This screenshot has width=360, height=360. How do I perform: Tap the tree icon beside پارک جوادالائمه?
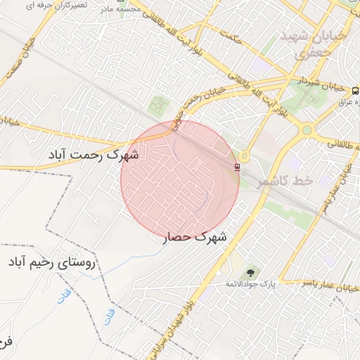[x=250, y=272]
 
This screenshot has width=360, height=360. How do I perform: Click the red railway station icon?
[x=237, y=167]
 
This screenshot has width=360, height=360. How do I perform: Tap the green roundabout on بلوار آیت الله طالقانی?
[x=307, y=129]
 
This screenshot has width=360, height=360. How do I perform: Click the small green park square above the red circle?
[x=159, y=105]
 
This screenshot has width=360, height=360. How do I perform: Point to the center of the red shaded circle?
[x=180, y=180]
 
